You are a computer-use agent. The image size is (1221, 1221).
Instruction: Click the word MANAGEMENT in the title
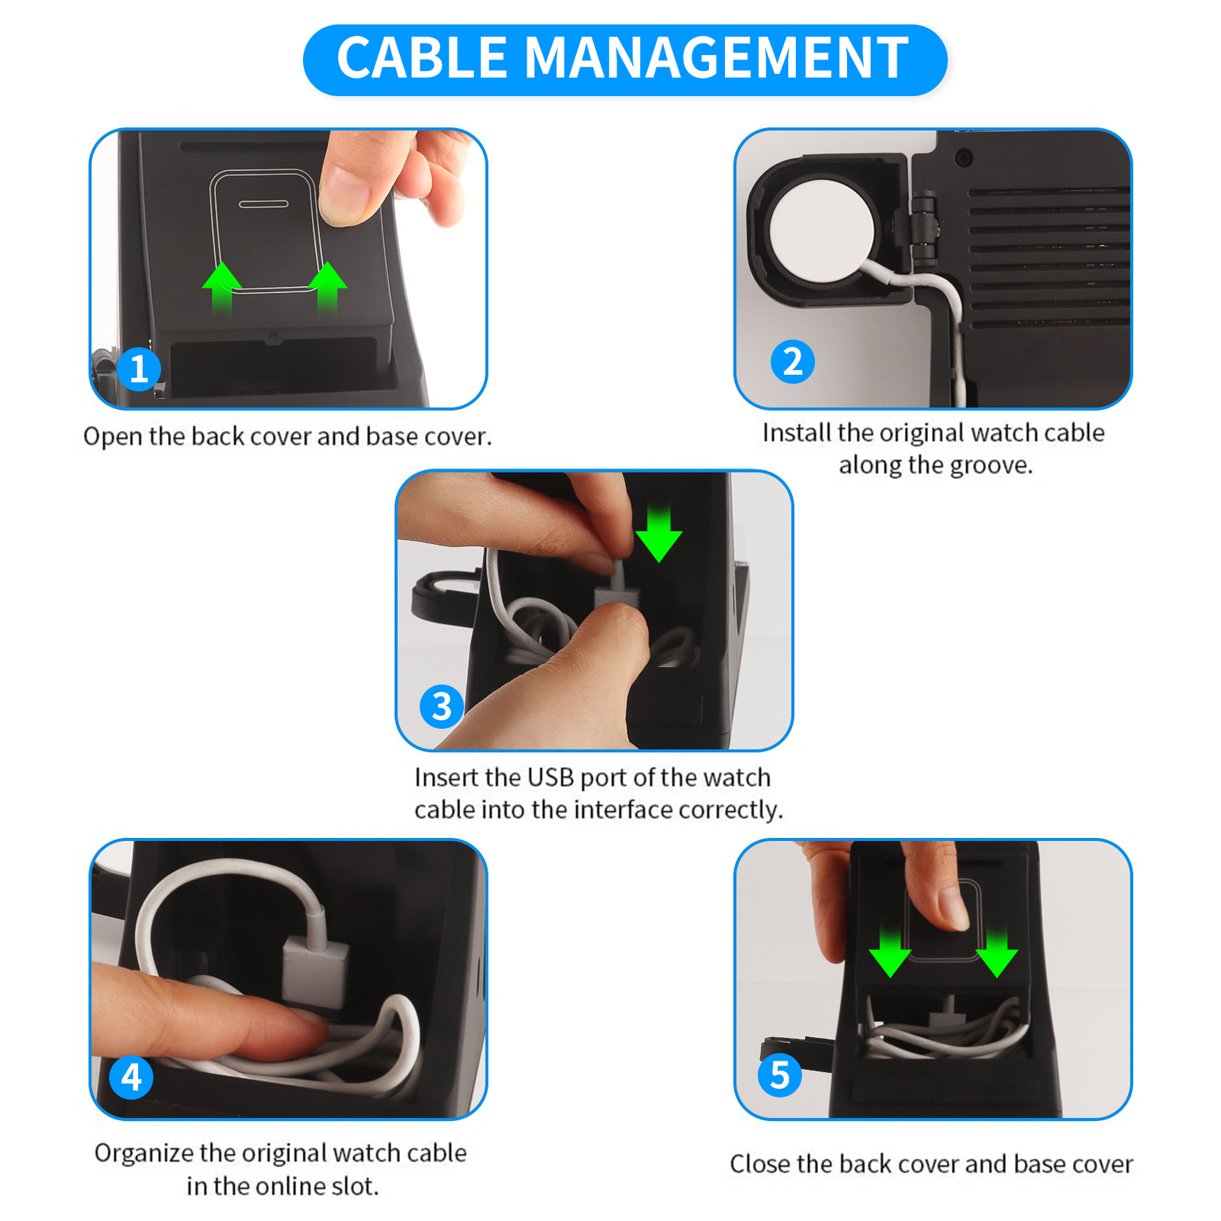717,58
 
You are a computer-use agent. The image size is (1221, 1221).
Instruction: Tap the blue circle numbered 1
139,369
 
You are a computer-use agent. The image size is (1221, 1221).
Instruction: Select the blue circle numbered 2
793,362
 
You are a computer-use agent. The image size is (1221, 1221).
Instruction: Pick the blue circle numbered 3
442,707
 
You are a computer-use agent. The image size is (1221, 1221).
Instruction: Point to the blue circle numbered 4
131,1078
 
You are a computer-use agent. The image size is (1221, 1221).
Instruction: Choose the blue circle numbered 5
779,1075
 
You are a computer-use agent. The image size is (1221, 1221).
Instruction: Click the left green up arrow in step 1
222,288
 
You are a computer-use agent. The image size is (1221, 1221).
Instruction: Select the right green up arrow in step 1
327,288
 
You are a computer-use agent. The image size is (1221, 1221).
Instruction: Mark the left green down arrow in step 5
890,952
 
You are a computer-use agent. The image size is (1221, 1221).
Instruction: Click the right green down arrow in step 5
997,952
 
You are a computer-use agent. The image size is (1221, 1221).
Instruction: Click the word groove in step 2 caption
991,465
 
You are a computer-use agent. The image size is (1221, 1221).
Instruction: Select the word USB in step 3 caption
550,777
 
